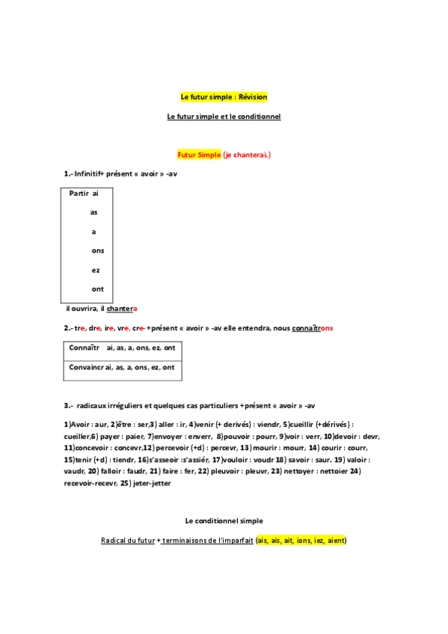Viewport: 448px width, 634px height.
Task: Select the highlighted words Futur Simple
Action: (199, 155)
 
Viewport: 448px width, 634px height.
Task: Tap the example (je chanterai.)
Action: (248, 155)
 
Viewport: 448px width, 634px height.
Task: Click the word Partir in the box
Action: (79, 193)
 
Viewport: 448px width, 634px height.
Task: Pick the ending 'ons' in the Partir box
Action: (98, 250)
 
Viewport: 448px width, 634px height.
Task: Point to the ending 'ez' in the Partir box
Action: (96, 270)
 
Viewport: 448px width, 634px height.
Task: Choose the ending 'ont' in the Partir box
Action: (98, 289)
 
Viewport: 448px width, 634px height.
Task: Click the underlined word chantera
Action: (122, 309)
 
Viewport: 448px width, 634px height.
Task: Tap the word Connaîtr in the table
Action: (84, 348)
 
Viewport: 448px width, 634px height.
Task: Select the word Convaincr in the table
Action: (87, 367)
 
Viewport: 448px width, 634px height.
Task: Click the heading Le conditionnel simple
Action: (224, 520)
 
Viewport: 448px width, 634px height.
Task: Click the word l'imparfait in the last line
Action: (233, 540)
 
